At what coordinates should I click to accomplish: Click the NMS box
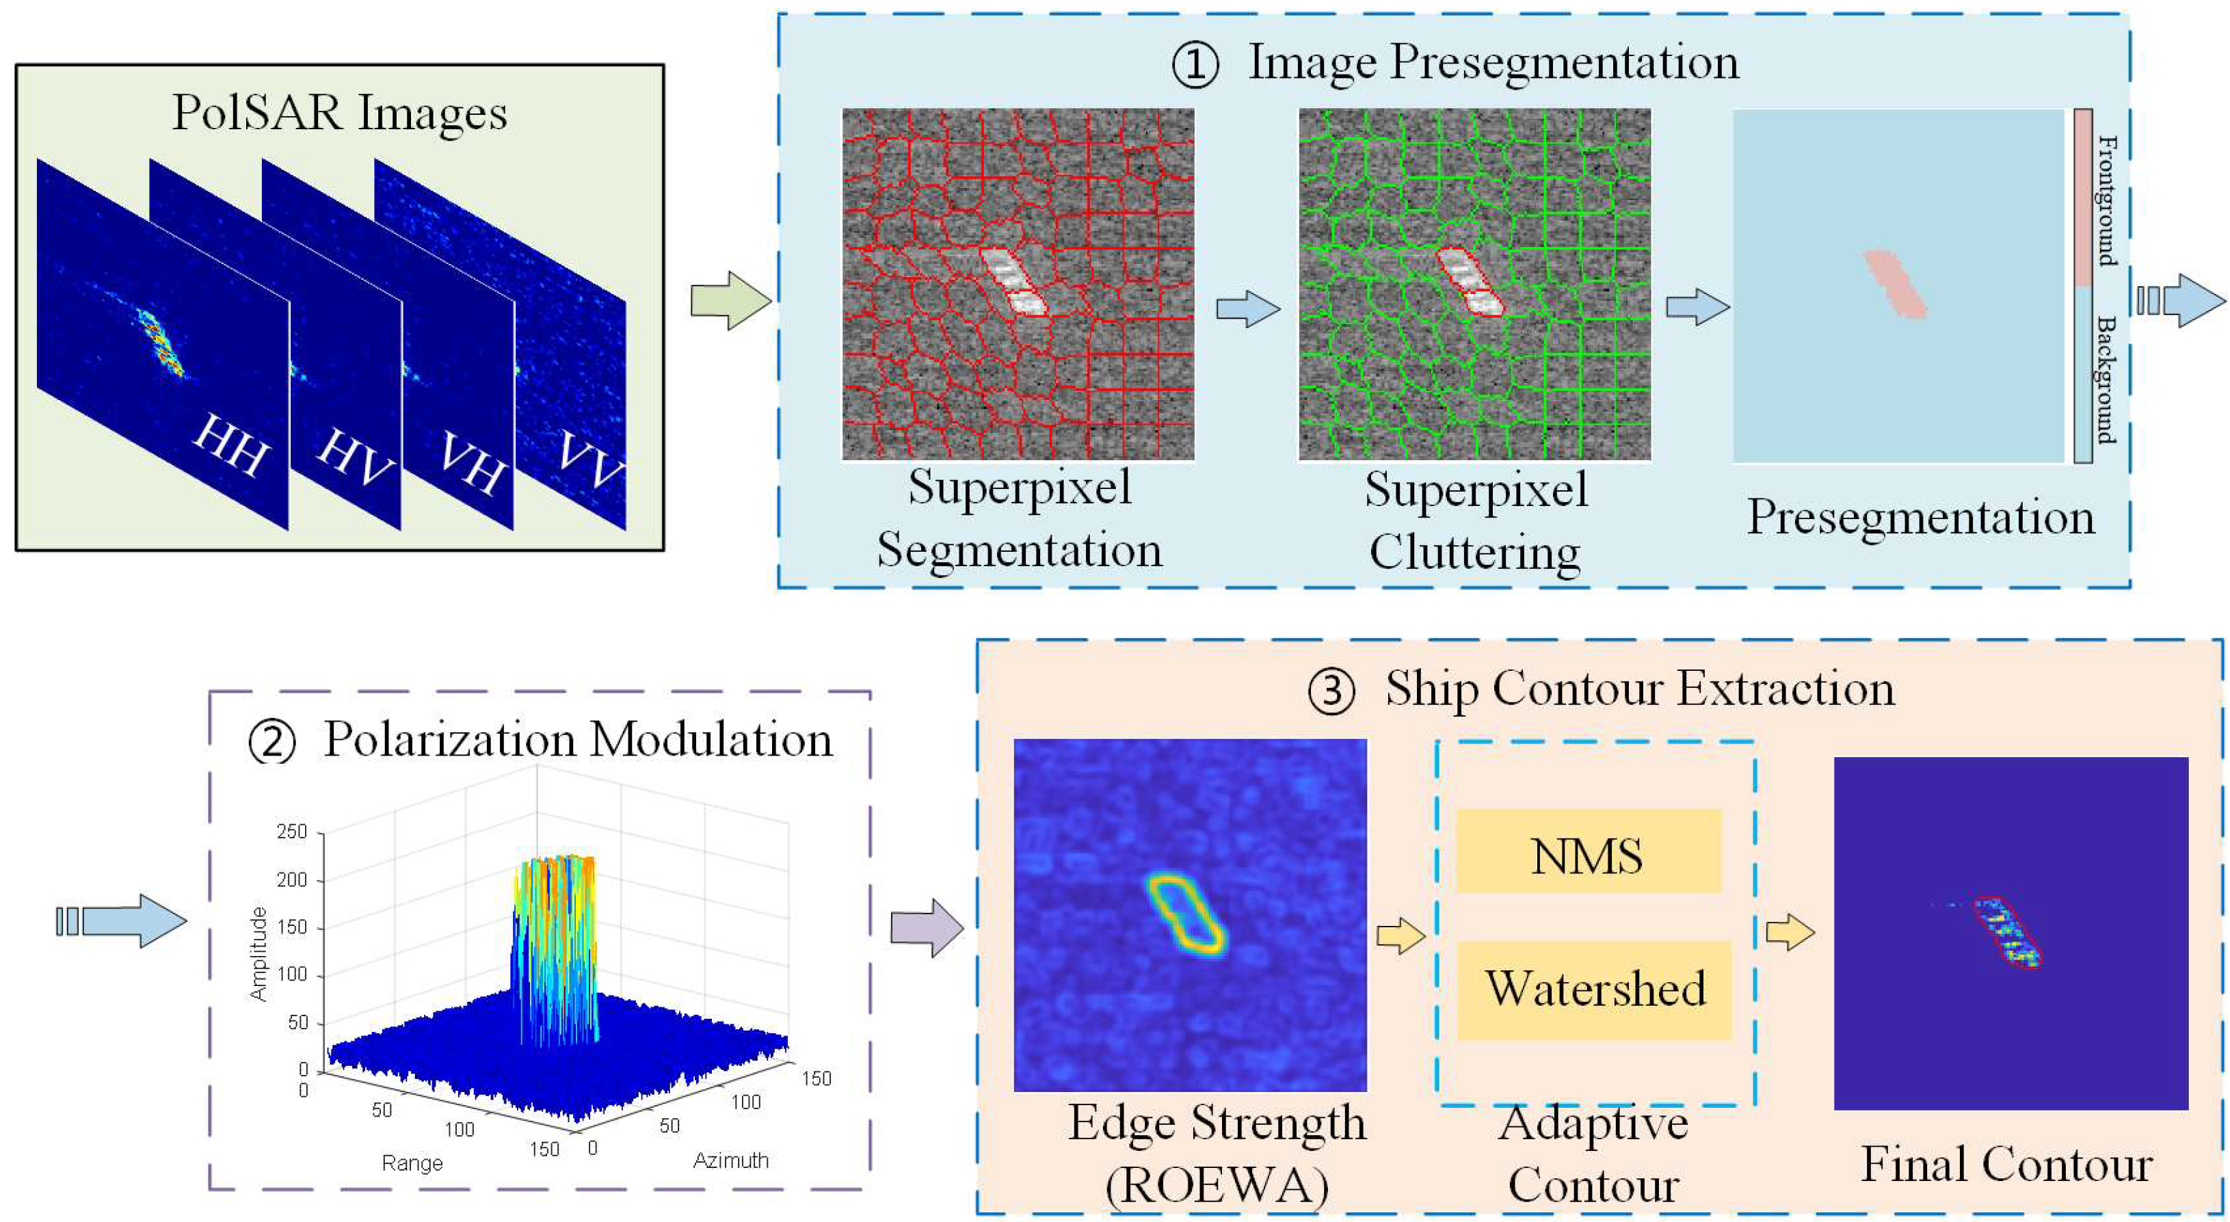point(1589,851)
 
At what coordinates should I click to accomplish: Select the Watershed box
point(1594,990)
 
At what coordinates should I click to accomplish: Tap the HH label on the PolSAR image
point(229,445)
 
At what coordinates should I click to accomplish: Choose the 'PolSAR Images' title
point(339,114)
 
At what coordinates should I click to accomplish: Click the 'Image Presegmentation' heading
point(1492,62)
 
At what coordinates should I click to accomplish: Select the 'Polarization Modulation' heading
point(577,741)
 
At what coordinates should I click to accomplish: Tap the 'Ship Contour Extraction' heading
point(1638,690)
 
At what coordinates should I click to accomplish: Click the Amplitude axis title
point(258,955)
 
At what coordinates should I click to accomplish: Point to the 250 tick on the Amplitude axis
point(292,832)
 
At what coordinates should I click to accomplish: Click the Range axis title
point(412,1163)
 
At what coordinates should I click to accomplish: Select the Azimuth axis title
point(730,1160)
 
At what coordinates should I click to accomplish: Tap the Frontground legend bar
point(2083,198)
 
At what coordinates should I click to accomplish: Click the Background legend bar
point(2083,374)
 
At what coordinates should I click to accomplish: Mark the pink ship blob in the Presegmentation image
point(1895,284)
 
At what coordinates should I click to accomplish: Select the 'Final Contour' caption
point(2006,1164)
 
